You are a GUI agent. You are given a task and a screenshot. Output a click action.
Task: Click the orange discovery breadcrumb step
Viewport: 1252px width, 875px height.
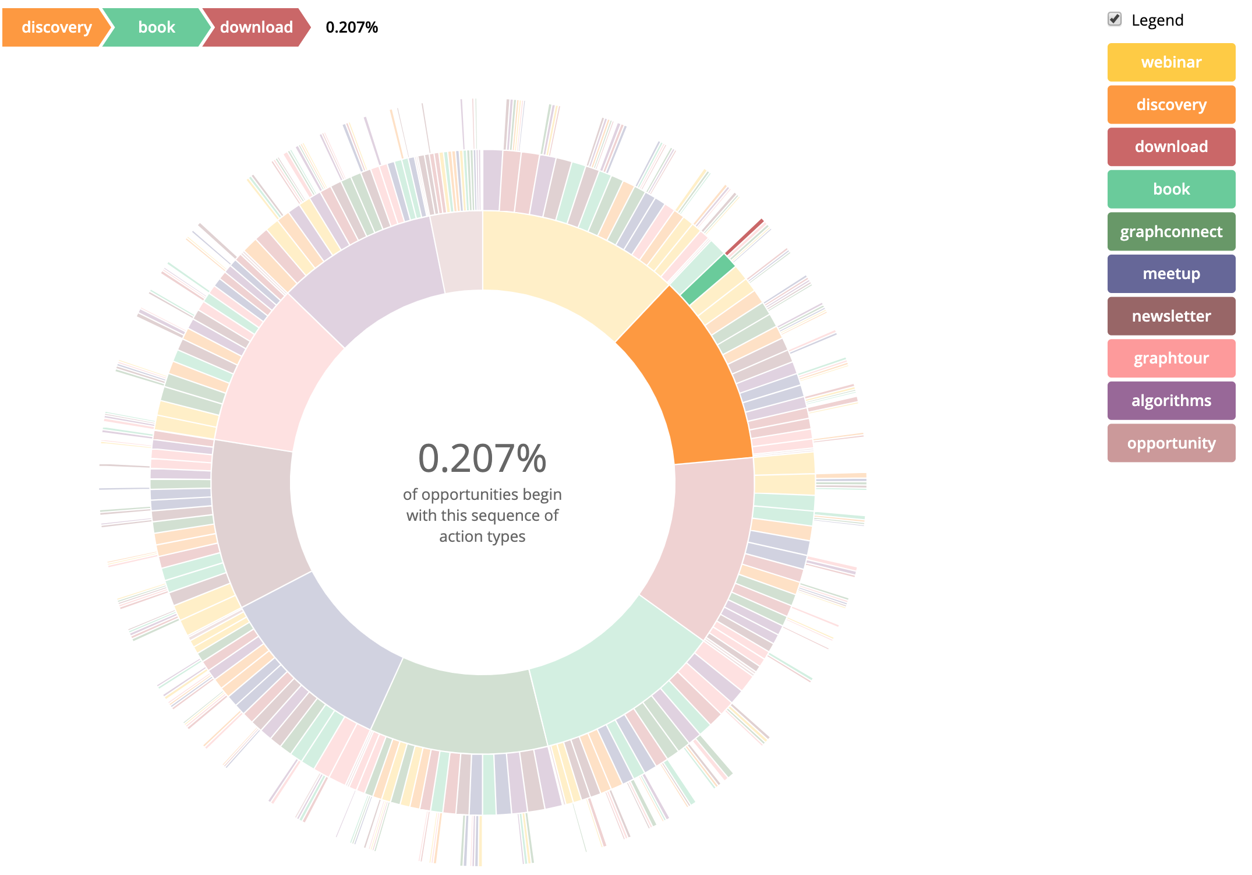point(56,27)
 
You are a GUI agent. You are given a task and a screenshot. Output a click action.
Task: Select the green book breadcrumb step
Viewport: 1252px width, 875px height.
point(156,27)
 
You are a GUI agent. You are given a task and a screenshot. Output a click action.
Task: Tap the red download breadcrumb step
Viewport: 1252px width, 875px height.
point(256,27)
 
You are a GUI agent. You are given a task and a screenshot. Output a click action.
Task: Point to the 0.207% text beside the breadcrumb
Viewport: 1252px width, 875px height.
point(352,27)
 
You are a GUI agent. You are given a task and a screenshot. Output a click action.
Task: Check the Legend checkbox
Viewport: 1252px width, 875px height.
point(1114,19)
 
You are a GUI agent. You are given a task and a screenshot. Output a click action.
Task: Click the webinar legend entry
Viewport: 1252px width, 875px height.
point(1170,62)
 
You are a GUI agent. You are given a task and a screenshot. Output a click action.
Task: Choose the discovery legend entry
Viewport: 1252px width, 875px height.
point(1170,105)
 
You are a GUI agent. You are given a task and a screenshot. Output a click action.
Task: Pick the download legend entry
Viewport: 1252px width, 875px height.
point(1170,147)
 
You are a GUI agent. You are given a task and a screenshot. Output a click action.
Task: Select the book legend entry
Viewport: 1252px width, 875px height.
point(1170,189)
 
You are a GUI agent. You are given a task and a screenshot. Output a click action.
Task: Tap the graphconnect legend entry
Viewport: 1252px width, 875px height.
point(1170,232)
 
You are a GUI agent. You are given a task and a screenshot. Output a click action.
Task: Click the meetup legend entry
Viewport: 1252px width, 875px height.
point(1170,274)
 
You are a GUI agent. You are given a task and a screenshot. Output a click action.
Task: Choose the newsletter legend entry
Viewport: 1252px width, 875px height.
point(1170,316)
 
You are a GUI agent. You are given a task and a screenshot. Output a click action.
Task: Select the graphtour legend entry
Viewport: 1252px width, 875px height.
point(1170,358)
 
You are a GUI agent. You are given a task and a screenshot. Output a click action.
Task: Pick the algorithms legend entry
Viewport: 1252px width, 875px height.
point(1170,401)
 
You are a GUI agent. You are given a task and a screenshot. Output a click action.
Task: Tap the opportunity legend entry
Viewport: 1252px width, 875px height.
point(1170,443)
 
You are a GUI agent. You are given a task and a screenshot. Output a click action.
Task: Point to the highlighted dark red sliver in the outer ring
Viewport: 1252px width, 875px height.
point(744,237)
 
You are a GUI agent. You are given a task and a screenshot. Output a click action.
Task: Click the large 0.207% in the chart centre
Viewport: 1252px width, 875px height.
point(482,458)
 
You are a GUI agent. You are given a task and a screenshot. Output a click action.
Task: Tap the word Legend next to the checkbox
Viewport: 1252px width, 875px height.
point(1157,20)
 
